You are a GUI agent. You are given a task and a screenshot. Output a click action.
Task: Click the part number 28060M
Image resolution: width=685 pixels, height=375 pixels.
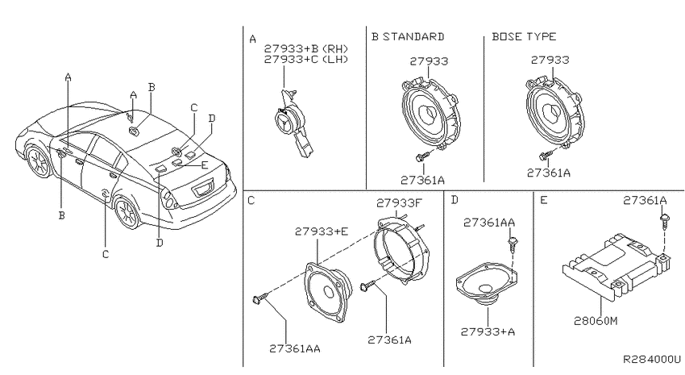tap(596, 321)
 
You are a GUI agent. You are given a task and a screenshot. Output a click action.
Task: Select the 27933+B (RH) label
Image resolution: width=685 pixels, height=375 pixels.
tap(306, 48)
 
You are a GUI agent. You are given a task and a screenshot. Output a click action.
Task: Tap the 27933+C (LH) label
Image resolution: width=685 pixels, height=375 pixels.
tap(306, 59)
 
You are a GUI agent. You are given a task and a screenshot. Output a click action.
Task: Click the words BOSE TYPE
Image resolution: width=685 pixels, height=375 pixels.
tap(524, 36)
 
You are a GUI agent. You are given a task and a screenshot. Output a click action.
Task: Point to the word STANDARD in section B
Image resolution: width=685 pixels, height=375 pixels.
tap(413, 36)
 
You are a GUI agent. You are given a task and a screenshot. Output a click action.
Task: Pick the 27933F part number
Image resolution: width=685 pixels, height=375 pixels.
tap(400, 202)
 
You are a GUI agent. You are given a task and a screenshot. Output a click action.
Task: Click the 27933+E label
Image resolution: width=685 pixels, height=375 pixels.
tap(322, 231)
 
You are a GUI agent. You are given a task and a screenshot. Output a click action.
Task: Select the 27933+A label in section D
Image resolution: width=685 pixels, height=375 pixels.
tap(488, 331)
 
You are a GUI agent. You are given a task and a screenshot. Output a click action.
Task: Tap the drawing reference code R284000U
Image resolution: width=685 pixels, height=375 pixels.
tap(652, 359)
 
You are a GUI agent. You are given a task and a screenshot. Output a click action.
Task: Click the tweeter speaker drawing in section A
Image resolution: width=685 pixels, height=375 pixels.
tap(292, 123)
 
